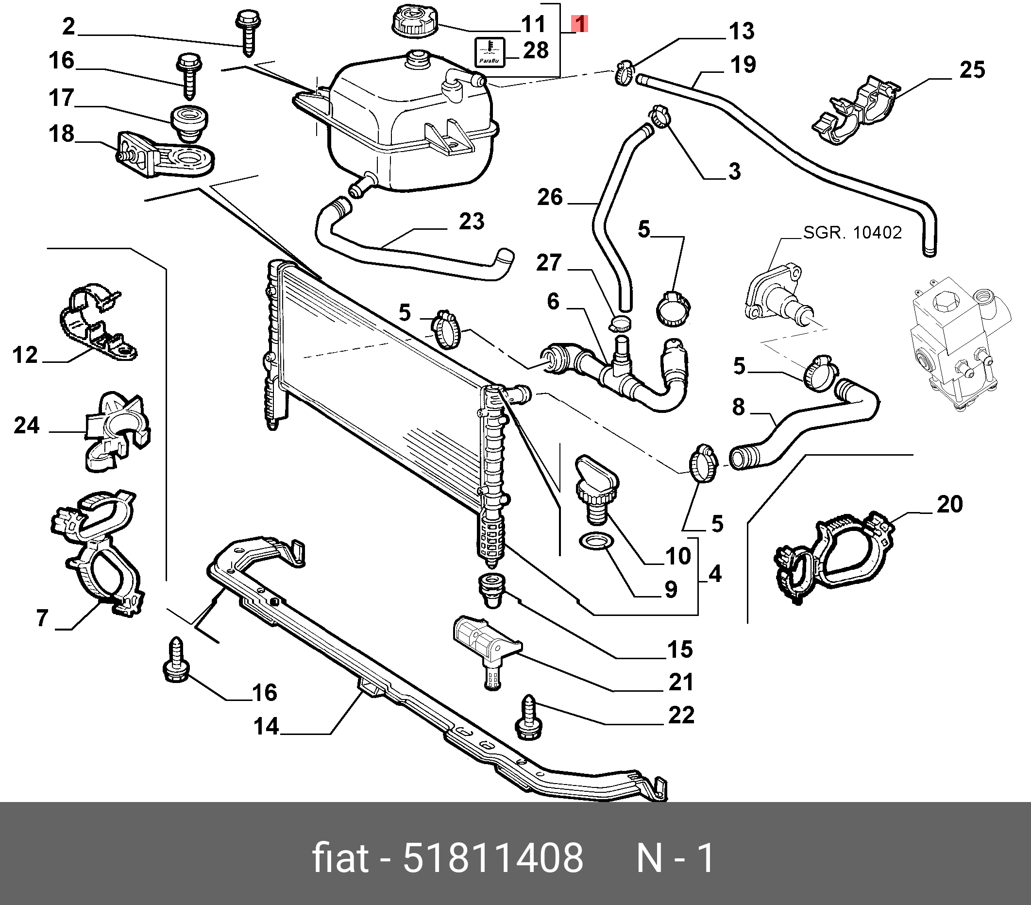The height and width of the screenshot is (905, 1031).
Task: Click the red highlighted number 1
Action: pos(579,23)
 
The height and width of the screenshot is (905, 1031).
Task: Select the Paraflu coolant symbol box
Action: pos(489,52)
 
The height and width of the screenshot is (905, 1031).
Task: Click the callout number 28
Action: pos(535,51)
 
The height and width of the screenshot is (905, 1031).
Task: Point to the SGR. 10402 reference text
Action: pos(852,233)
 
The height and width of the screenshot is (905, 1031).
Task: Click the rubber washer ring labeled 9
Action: pos(595,542)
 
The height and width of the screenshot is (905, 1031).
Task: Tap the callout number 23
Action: pos(471,221)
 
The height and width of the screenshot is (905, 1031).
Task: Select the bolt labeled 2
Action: pos(247,31)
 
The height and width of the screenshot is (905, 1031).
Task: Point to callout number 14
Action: pos(266,726)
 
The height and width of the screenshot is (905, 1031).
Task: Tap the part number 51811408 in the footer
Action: pos(493,858)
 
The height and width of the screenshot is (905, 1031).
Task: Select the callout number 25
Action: pos(972,69)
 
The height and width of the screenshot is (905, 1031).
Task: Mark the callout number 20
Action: pos(949,504)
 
